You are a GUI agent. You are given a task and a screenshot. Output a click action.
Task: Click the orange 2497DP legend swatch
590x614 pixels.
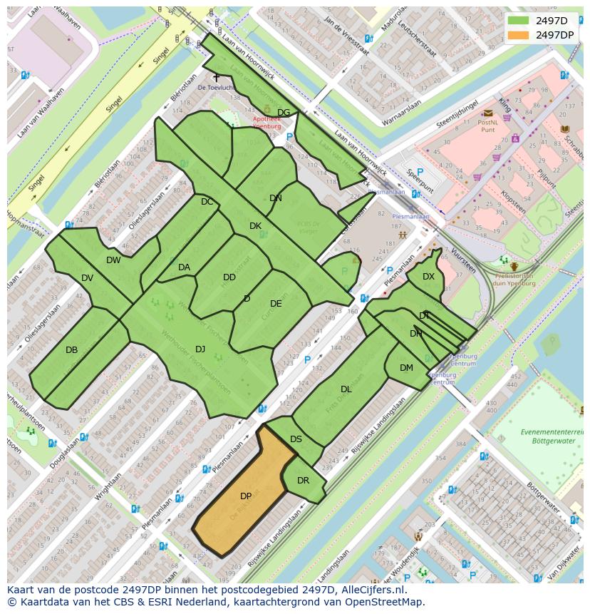coord(518,34)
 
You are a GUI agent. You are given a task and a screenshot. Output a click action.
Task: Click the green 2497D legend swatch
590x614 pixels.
coord(518,20)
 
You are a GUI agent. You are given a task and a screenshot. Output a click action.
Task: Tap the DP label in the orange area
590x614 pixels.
coord(246,496)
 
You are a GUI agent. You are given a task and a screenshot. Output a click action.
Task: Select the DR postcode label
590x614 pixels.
coord(303,480)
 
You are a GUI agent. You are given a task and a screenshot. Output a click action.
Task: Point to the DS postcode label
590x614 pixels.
coord(296,439)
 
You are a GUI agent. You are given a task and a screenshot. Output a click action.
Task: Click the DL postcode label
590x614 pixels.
coord(346,389)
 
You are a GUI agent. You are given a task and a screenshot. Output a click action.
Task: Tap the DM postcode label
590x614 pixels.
coord(406,368)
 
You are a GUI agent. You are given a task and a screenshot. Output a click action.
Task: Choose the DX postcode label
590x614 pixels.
coord(428,277)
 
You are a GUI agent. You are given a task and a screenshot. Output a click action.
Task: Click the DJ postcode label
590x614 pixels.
coord(200,349)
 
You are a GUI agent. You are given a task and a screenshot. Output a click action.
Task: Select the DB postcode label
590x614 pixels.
coord(71,350)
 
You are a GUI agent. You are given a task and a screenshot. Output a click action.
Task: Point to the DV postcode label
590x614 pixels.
coord(87,278)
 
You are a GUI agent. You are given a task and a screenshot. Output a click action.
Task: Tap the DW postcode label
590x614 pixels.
coord(113,260)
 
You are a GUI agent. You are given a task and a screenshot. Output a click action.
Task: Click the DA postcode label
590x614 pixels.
coord(184,267)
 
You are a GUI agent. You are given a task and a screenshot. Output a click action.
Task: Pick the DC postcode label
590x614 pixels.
coord(207,202)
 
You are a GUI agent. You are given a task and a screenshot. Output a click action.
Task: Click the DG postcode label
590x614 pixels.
coord(284,113)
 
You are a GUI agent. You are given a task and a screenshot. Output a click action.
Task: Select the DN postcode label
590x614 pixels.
coord(276,198)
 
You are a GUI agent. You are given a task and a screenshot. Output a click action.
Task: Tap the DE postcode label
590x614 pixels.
coord(276,304)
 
